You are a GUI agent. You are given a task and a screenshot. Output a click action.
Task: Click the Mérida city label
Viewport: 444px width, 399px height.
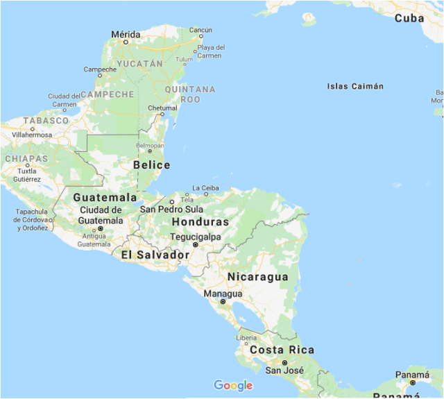tap(126, 34)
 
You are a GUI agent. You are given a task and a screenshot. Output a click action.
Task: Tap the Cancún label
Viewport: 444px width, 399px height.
tap(200, 30)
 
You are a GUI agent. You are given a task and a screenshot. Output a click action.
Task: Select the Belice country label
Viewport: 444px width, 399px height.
tap(151, 165)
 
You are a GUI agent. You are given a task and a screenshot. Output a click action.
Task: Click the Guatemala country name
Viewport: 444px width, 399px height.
tap(105, 197)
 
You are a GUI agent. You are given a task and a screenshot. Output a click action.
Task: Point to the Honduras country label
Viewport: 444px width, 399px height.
tap(200, 222)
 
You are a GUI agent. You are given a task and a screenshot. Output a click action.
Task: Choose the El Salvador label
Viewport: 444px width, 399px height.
tap(155, 255)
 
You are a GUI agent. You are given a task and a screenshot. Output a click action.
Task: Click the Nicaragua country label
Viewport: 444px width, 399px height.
tap(257, 277)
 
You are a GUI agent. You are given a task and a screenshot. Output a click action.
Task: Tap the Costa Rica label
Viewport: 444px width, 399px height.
tap(282, 350)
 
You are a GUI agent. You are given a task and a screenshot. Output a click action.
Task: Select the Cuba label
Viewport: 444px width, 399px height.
tap(409, 19)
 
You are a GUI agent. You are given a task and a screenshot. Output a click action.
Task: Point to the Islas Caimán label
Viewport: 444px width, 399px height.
tap(355, 87)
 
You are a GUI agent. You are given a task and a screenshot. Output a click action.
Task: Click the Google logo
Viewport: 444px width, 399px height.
tap(233, 386)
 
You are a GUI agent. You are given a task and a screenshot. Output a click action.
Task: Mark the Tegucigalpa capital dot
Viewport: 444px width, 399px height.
tap(196, 245)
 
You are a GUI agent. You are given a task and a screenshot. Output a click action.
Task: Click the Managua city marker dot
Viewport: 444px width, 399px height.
tap(223, 302)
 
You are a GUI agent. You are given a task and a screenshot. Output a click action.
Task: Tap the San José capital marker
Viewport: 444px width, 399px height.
tap(284, 362)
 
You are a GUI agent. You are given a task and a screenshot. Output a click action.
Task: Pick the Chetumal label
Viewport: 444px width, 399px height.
tap(163, 108)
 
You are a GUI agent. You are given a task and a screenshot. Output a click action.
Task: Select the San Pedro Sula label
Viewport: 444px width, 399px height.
tap(171, 209)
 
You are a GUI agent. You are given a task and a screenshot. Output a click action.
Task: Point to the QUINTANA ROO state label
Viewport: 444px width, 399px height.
tap(189, 94)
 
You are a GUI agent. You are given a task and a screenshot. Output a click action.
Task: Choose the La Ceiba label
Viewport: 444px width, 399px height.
tap(205, 188)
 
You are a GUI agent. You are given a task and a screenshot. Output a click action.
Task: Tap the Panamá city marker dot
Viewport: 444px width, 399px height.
tap(412, 382)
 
